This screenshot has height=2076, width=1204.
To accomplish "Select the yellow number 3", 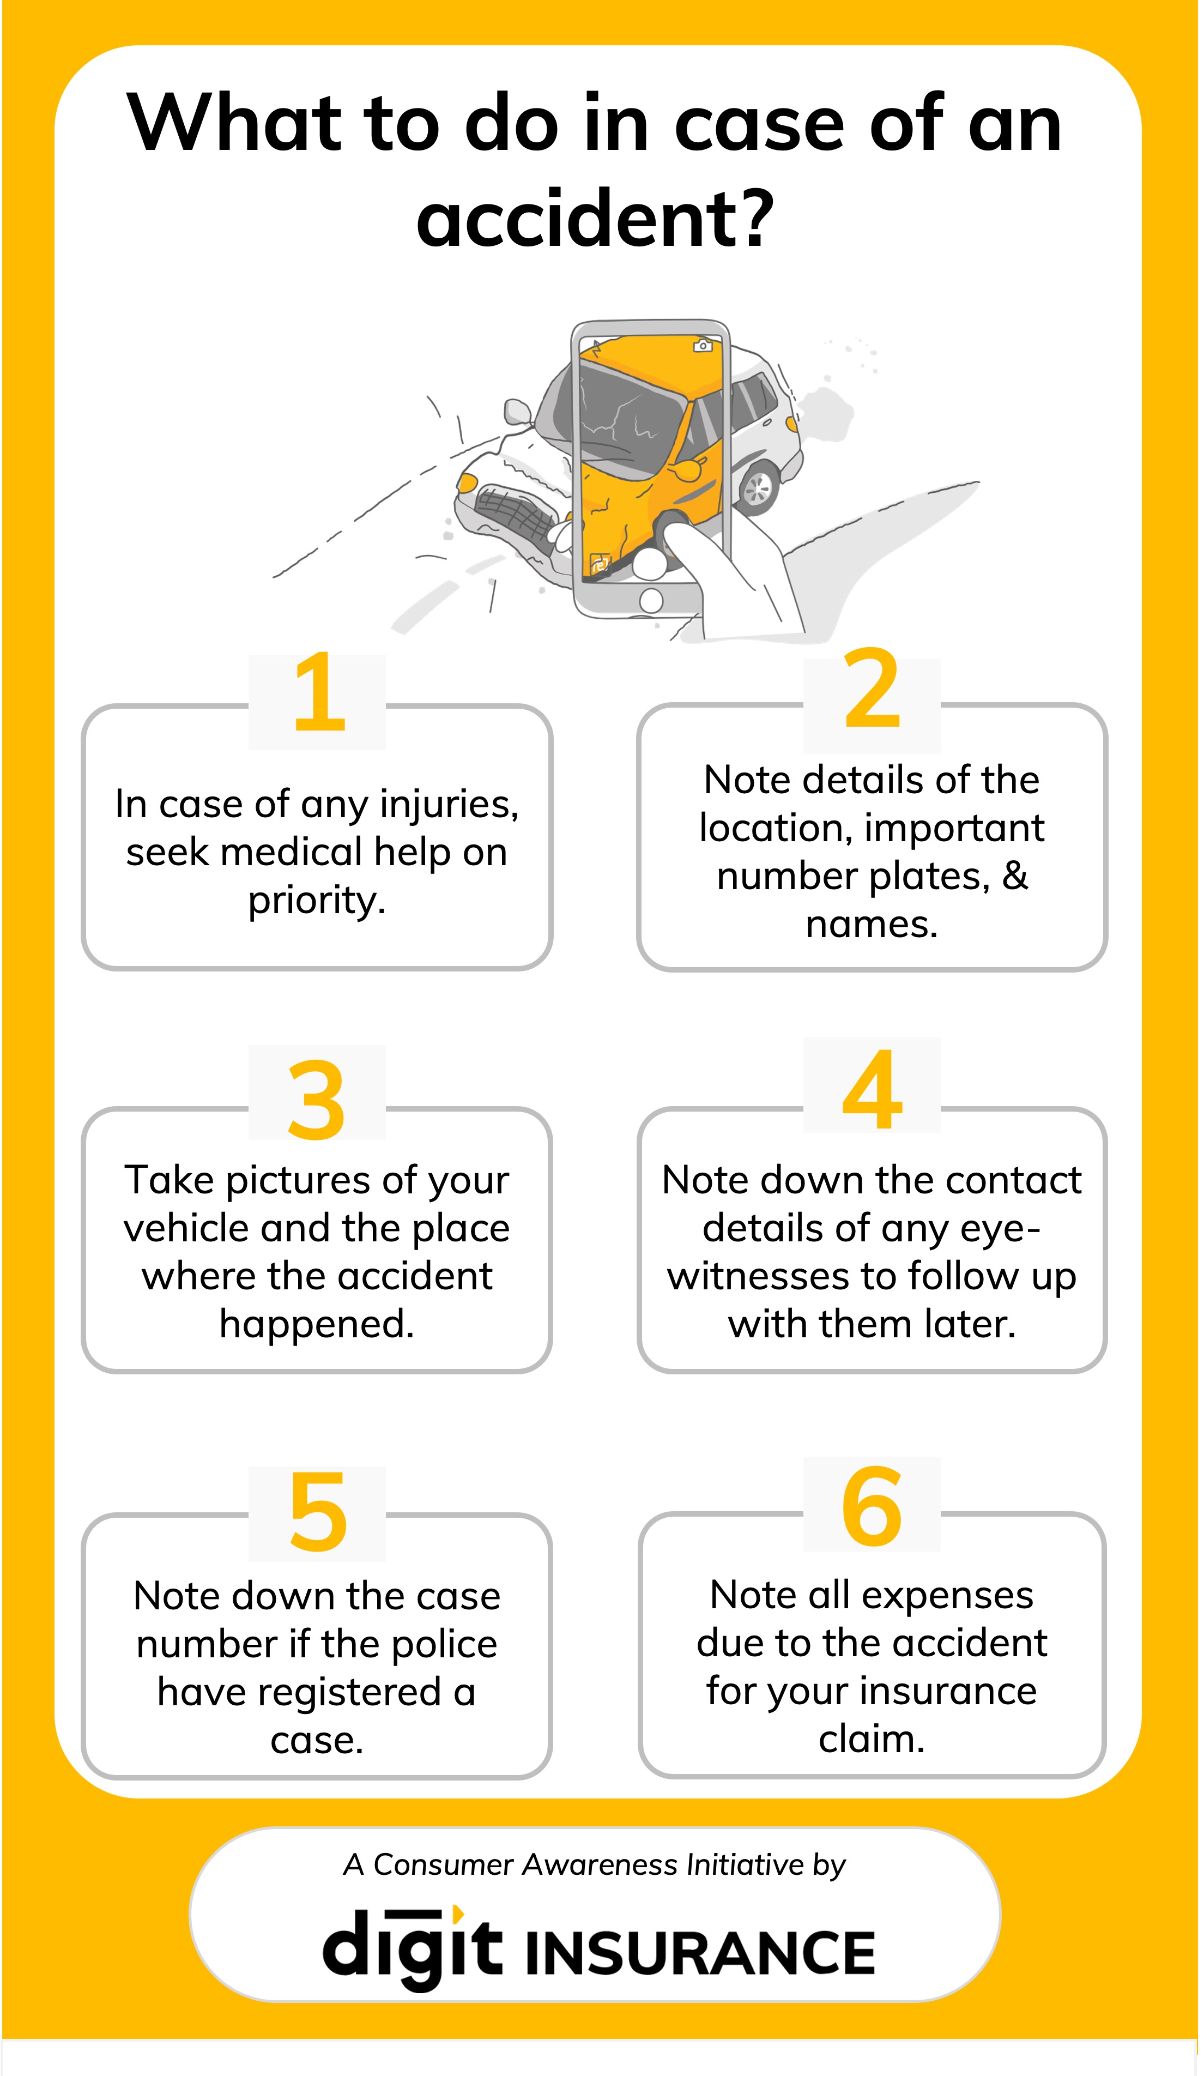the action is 316,1100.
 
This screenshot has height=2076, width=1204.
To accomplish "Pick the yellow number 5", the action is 318,1512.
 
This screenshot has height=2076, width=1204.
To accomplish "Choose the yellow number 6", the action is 872,1505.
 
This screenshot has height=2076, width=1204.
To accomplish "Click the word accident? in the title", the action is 595,218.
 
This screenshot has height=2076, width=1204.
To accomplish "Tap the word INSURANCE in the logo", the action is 699,1953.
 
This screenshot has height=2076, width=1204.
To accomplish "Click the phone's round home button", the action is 651,601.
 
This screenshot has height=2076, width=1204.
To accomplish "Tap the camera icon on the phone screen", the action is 703,345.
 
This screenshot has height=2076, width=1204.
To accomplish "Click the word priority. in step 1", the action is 317,901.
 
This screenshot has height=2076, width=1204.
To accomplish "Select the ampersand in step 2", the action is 1015,875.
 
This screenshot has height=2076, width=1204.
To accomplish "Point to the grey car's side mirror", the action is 517,411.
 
